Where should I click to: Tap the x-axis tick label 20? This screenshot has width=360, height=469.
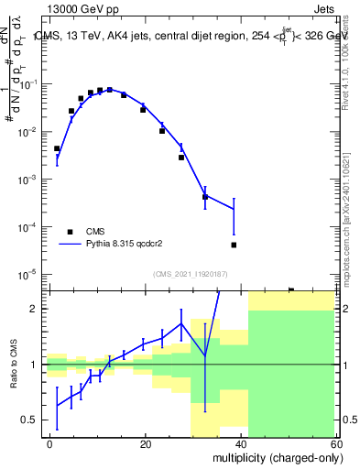[146, 444]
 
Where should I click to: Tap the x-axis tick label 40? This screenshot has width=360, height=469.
[241, 444]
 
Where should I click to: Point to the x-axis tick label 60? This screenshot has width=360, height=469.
[336, 444]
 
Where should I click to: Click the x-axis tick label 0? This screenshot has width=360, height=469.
[50, 444]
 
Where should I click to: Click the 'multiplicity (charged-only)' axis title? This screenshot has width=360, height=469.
[276, 456]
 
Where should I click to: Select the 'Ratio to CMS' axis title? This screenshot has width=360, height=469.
[14, 365]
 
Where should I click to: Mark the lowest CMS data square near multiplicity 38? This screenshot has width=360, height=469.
[235, 245]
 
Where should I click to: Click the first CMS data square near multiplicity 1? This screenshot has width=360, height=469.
[57, 148]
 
